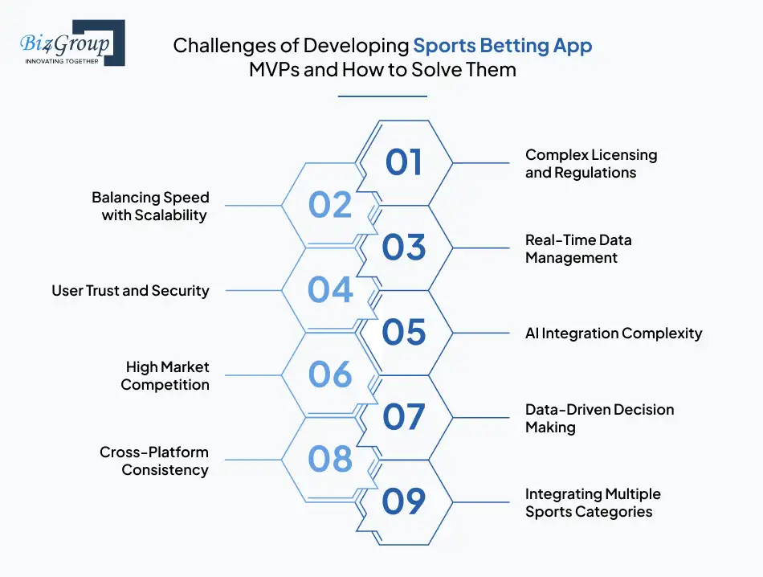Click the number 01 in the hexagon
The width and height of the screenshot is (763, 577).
(403, 162)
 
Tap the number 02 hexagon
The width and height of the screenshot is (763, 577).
(330, 205)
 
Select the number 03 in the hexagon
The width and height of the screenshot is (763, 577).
(403, 248)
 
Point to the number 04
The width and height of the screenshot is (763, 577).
(330, 290)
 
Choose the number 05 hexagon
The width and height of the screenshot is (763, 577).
(403, 332)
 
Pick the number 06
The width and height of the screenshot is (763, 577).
(330, 374)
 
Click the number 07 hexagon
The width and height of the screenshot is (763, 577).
(403, 417)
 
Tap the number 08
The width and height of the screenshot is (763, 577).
(330, 460)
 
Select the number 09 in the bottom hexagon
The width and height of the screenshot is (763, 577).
(403, 501)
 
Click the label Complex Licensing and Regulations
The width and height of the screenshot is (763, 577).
(591, 163)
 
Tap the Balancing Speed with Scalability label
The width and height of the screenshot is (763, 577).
(151, 206)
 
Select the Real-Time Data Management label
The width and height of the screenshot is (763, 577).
(578, 248)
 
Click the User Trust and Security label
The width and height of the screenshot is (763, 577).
(130, 291)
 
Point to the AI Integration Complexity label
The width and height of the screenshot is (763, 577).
(614, 333)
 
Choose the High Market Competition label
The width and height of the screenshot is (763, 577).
(165, 375)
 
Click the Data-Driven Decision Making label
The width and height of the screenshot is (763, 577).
(599, 418)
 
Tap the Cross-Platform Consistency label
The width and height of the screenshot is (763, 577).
(154, 460)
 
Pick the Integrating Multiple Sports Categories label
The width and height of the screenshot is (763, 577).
(593, 502)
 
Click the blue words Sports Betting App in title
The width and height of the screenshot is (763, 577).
(503, 45)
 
